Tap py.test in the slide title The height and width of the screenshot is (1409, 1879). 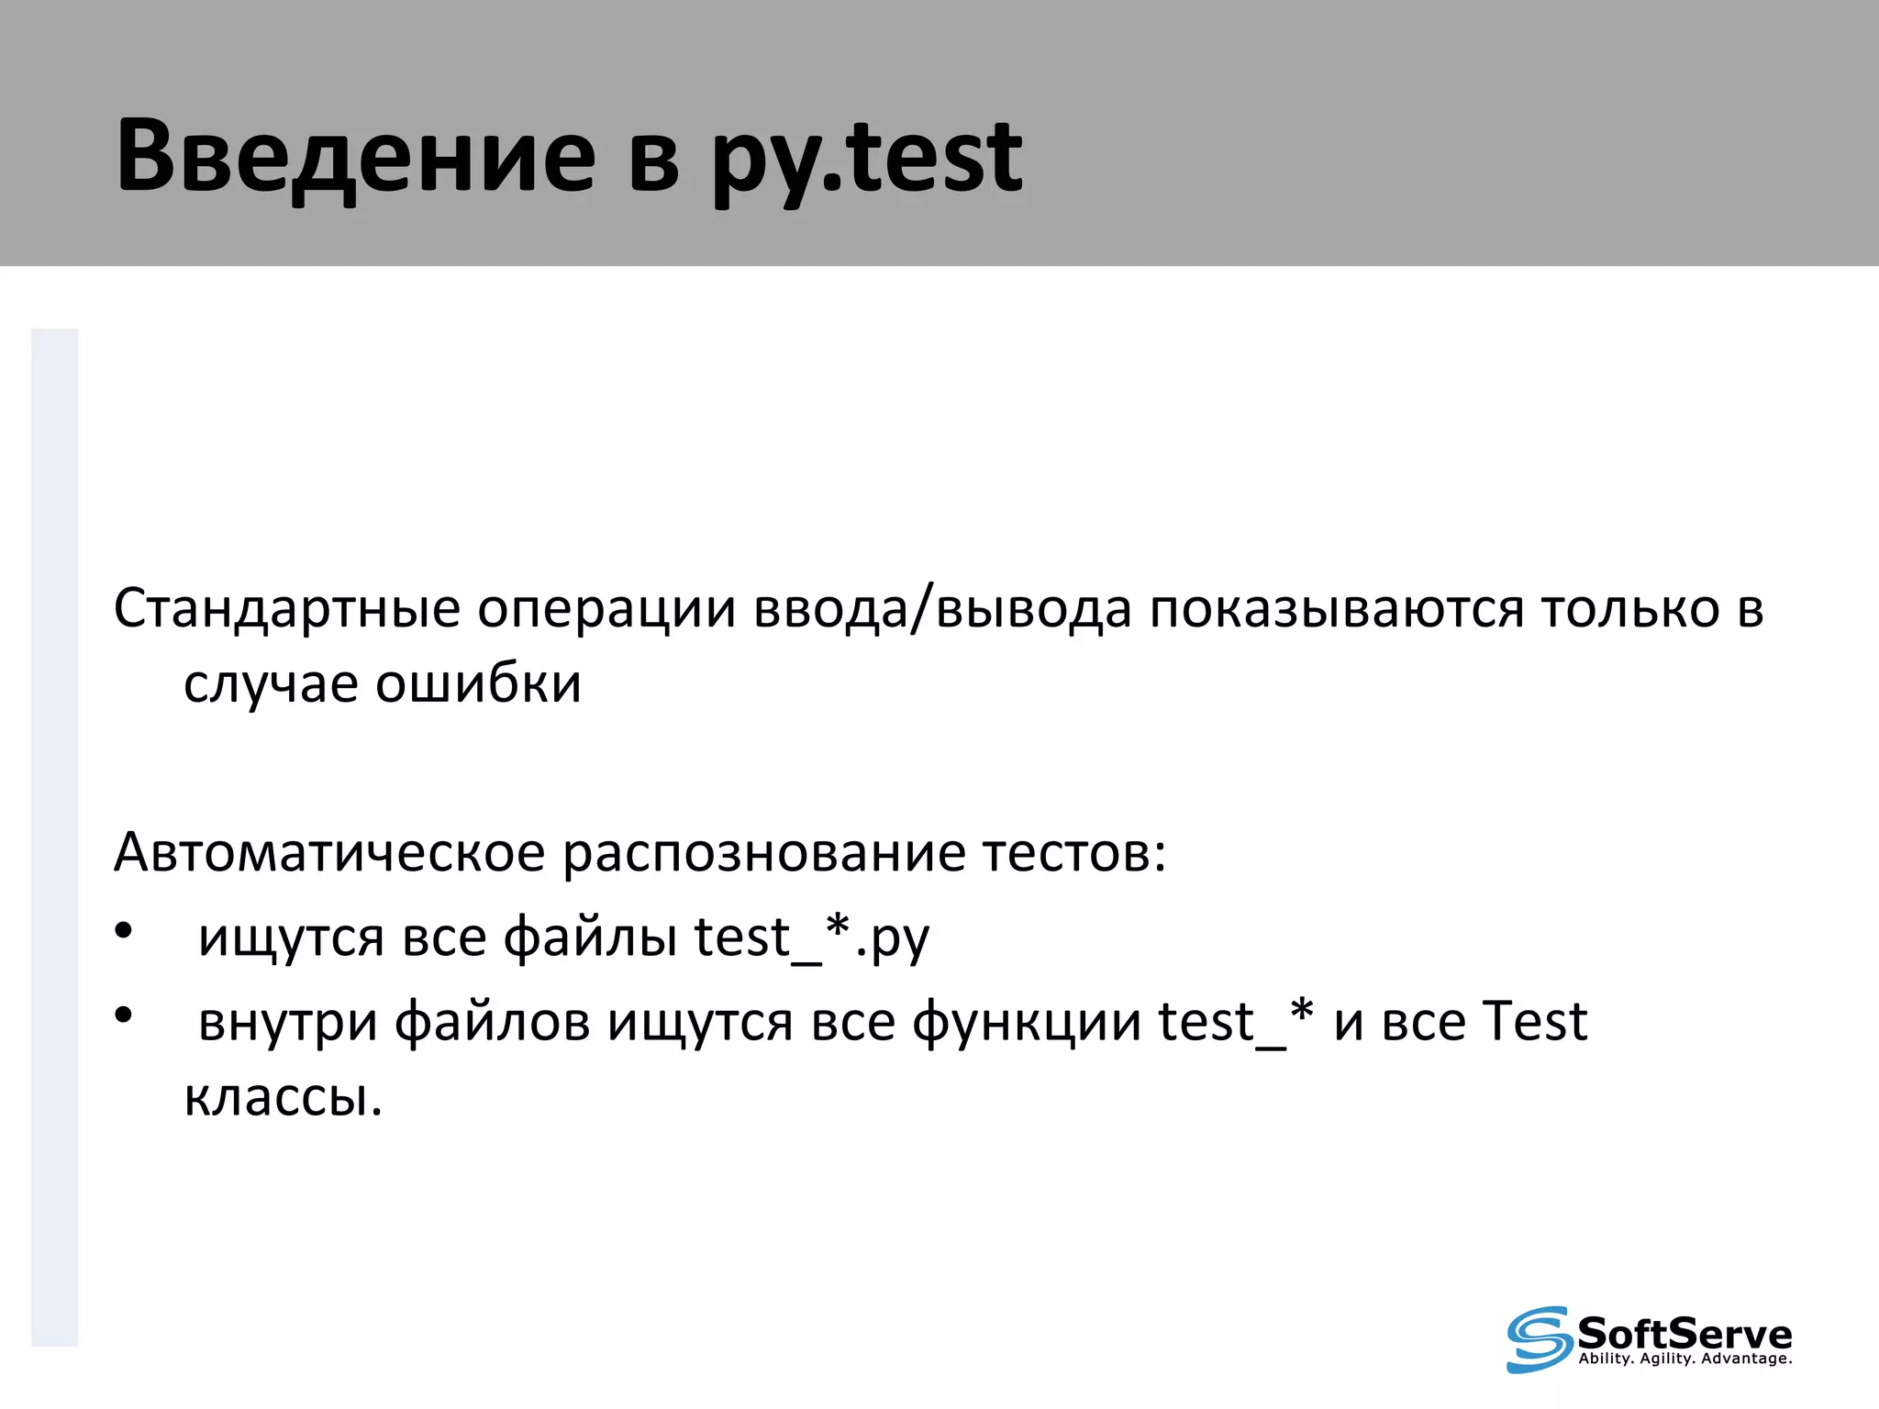pyautogui.click(x=867, y=158)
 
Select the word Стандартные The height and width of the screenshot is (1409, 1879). pyautogui.click(x=286, y=609)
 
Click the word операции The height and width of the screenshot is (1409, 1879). pyautogui.click(x=606, y=609)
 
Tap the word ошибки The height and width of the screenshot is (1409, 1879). pyautogui.click(x=478, y=684)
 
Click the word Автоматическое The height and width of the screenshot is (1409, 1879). pyautogui.click(x=329, y=853)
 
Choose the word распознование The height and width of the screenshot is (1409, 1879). pyautogui.click(x=763, y=853)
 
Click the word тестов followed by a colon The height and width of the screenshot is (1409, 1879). pyautogui.click(x=1073, y=853)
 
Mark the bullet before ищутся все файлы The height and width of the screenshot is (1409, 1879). pyautogui.click(x=124, y=931)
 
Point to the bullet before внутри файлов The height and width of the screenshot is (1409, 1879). pyautogui.click(x=124, y=1015)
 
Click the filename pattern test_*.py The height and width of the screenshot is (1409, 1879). pyautogui.click(x=812, y=937)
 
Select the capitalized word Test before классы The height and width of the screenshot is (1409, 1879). pyautogui.click(x=1535, y=1022)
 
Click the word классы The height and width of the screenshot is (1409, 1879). pyautogui.click(x=283, y=1097)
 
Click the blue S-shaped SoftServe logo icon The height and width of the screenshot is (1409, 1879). pyautogui.click(x=1539, y=1339)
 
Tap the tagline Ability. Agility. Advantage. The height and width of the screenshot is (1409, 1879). pyautogui.click(x=1684, y=1359)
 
